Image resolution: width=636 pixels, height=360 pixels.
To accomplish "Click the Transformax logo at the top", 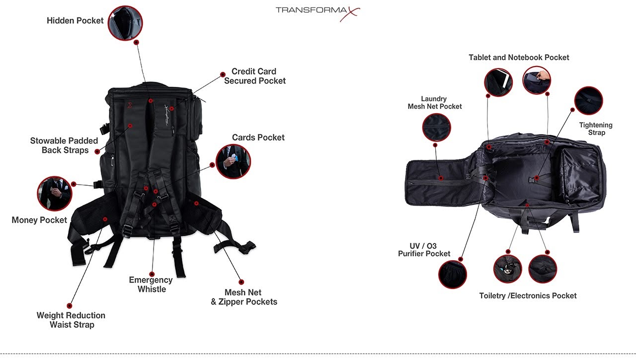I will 318,11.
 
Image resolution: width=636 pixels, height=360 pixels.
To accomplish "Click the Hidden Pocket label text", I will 75,21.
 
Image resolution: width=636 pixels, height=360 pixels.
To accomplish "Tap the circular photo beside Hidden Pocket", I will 125,23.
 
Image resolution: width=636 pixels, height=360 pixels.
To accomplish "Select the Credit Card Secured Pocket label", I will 254,76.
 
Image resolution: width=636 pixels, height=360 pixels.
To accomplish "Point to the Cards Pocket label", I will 258,138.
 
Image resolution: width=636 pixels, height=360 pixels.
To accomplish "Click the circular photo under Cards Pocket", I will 234,162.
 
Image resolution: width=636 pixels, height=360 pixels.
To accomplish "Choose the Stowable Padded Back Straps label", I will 64,145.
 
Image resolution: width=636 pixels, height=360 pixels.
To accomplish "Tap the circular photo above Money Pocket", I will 55,193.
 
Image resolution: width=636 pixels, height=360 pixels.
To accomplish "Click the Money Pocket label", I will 39,220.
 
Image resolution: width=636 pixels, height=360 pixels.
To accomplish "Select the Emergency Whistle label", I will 151,285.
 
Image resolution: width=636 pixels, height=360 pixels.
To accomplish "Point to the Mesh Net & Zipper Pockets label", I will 244,297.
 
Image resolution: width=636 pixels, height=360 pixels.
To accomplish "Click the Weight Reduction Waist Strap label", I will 71,320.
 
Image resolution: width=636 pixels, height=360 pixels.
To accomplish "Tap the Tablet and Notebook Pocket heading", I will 519,58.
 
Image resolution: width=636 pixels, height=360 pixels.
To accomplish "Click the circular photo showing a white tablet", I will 498,82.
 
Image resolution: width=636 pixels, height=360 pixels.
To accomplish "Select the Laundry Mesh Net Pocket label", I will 434,103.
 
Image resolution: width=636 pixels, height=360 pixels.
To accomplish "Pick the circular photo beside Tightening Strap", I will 588,101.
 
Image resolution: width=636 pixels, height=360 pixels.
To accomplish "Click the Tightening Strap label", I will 596,129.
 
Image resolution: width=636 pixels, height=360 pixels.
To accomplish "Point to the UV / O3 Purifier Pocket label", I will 424,250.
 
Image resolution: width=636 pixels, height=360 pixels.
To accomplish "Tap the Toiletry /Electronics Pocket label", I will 528,296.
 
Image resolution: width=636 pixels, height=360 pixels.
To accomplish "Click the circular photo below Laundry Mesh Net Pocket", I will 436,127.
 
